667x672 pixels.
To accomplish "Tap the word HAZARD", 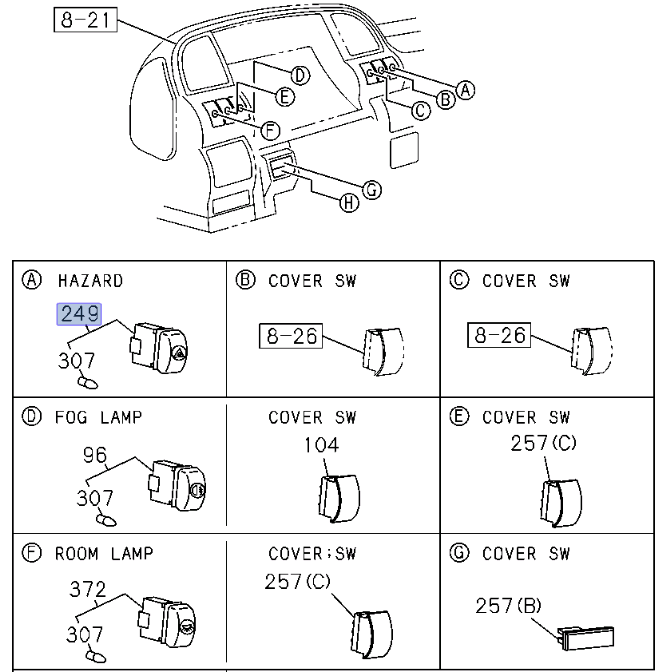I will pyautogui.click(x=90, y=281).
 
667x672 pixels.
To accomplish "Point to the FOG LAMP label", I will pyautogui.click(x=98, y=417).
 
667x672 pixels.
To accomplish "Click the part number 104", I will pyautogui.click(x=321, y=445).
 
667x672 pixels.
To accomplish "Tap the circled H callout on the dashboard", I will pyautogui.click(x=349, y=203).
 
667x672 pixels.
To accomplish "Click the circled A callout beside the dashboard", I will pyautogui.click(x=465, y=90).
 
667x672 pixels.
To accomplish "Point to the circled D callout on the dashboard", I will pyautogui.click(x=299, y=74).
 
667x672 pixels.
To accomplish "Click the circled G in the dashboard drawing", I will pyautogui.click(x=372, y=189).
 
